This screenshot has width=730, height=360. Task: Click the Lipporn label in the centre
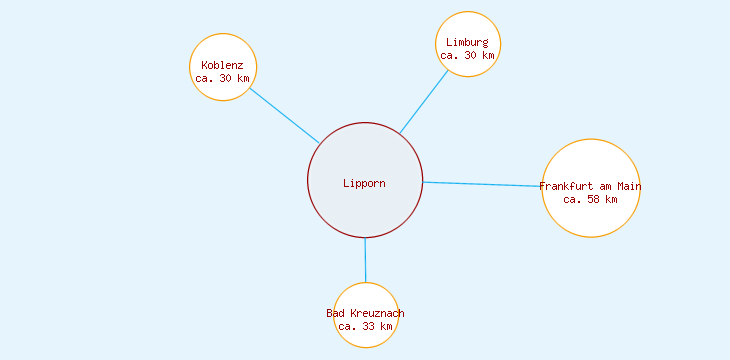click(364, 183)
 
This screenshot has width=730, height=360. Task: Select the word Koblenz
click(222, 65)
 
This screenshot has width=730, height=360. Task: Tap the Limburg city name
click(467, 42)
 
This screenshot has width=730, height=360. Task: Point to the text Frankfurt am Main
click(590, 186)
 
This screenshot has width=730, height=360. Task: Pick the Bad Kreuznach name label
click(365, 313)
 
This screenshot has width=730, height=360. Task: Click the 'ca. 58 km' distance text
click(590, 199)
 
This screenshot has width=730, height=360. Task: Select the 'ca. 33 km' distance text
click(365, 326)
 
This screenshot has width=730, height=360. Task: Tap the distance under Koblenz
click(222, 78)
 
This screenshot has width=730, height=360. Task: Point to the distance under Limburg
click(467, 55)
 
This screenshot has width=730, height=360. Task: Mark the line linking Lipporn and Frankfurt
click(482, 184)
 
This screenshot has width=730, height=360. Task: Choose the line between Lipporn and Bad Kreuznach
click(365, 260)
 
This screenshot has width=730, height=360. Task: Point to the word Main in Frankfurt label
click(628, 186)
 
